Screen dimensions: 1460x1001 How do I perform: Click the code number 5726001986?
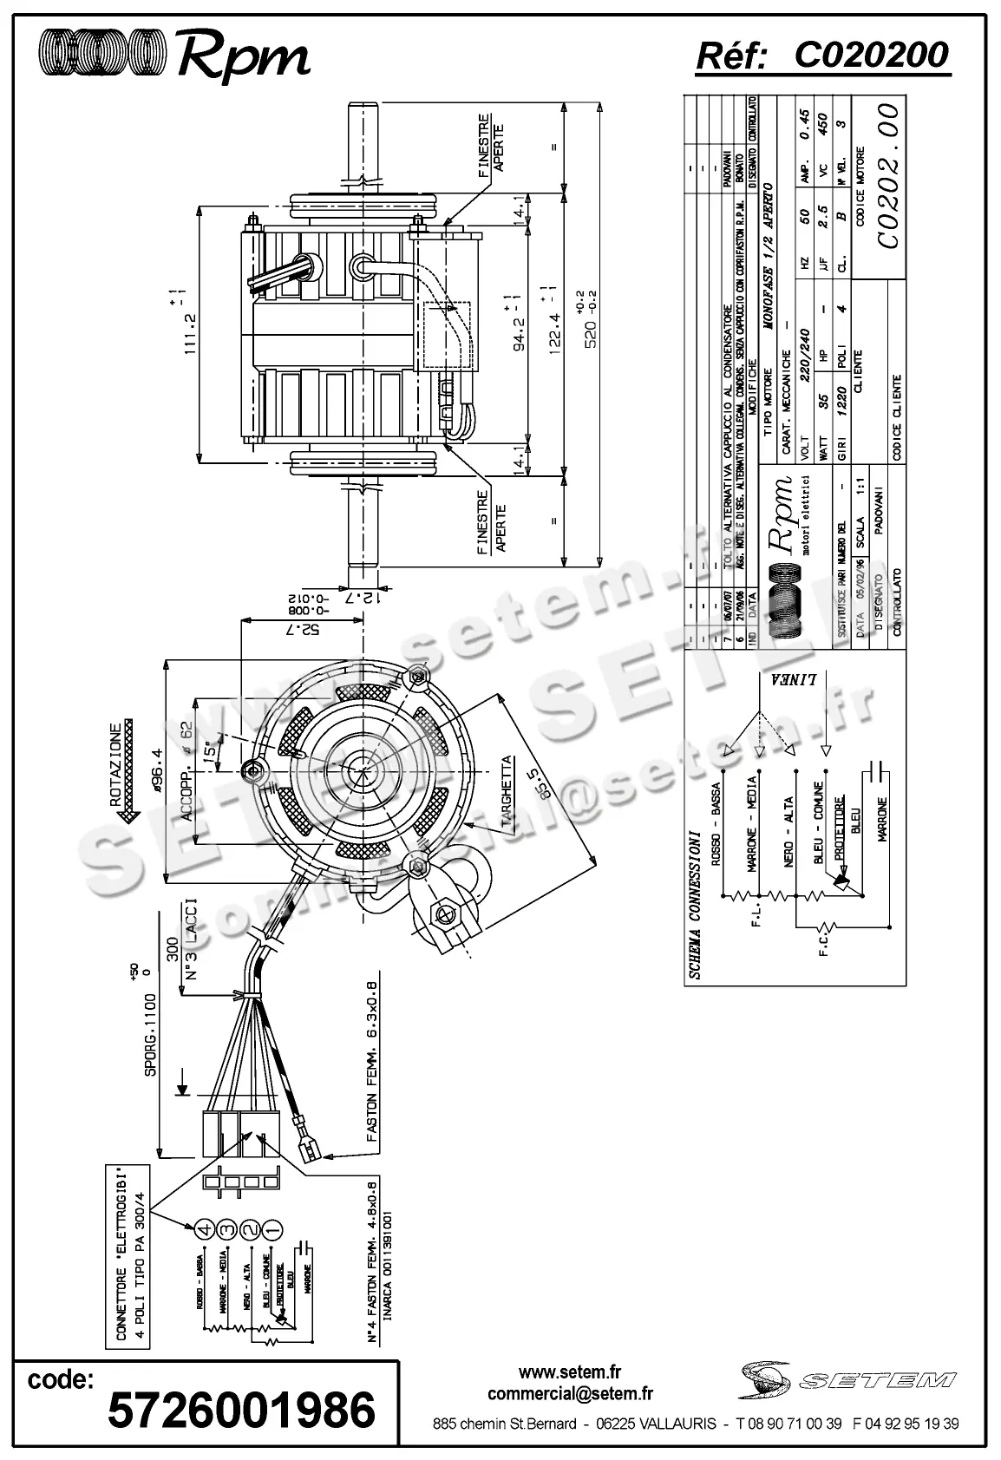pos(241,1410)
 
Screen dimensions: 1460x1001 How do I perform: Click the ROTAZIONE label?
pos(116,764)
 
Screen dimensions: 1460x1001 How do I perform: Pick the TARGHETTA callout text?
pos(507,795)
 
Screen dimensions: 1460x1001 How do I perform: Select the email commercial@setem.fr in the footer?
pos(570,1394)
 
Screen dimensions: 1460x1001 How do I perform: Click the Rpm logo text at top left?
pos(243,56)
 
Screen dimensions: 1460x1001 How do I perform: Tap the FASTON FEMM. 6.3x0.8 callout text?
pos(374,1067)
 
